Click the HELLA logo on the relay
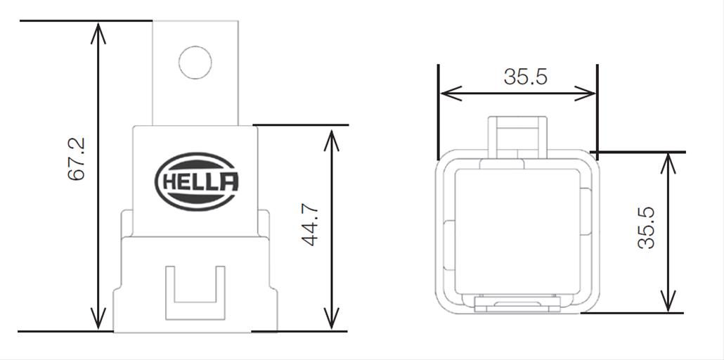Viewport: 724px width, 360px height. (x=196, y=183)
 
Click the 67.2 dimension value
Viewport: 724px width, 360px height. (x=77, y=159)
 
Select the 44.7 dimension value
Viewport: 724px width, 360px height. (x=310, y=225)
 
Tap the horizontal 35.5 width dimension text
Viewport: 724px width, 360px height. (x=525, y=77)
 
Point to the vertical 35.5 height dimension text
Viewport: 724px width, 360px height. (x=646, y=227)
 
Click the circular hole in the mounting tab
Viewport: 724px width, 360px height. (x=195, y=62)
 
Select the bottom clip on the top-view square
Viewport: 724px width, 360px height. (x=518, y=303)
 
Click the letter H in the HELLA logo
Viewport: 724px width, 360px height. (x=171, y=183)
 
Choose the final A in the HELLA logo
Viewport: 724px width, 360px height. (x=228, y=183)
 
